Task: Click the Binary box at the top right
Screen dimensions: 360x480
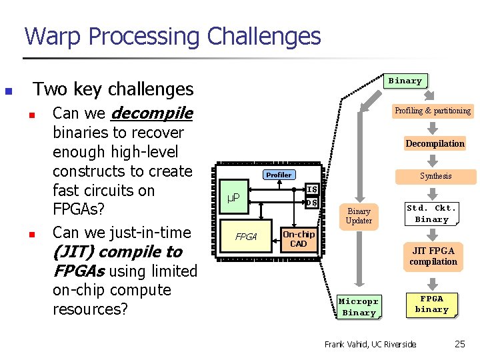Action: click(x=405, y=81)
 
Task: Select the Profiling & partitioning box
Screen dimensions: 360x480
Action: click(x=433, y=111)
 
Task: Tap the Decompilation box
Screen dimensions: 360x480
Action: click(x=435, y=143)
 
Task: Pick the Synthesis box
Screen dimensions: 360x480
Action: click(x=435, y=176)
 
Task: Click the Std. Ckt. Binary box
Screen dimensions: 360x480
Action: click(x=431, y=213)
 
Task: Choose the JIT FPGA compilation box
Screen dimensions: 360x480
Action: click(x=433, y=256)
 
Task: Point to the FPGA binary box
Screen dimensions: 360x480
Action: click(x=431, y=304)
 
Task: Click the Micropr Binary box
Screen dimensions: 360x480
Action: click(x=359, y=307)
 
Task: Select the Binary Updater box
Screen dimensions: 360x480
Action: click(x=359, y=215)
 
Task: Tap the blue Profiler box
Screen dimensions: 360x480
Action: click(x=279, y=175)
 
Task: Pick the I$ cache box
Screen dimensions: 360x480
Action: click(x=311, y=190)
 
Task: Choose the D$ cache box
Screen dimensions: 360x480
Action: click(x=311, y=203)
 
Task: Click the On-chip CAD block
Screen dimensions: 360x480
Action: click(x=298, y=239)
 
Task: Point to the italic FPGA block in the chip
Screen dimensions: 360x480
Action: click(x=246, y=236)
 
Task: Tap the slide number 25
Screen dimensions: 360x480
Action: click(x=460, y=344)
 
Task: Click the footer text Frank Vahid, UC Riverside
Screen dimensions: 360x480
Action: click(x=370, y=344)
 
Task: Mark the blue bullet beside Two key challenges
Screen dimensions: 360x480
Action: click(x=8, y=91)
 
